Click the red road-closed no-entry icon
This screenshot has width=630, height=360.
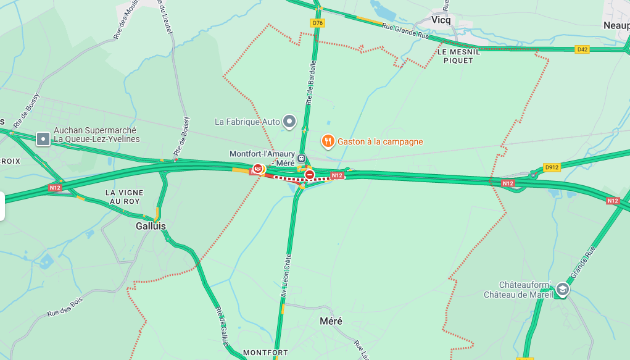pos(309,175)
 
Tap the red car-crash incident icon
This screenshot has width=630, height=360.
pos(258,168)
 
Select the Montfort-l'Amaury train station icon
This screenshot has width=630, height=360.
pos(301,158)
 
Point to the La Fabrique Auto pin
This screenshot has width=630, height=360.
pos(289,121)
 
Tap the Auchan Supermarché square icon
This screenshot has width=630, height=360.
pos(43,138)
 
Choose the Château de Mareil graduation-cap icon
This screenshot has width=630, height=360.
pos(562,289)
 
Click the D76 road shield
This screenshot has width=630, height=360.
pos(317,23)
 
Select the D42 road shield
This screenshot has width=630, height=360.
pos(581,49)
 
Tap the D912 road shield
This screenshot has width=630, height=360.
pos(551,167)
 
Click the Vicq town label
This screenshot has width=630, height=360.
pos(441,20)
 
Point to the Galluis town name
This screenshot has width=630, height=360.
pos(151,226)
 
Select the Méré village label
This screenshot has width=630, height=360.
pos(331,321)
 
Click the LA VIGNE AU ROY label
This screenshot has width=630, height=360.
pos(123,197)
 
